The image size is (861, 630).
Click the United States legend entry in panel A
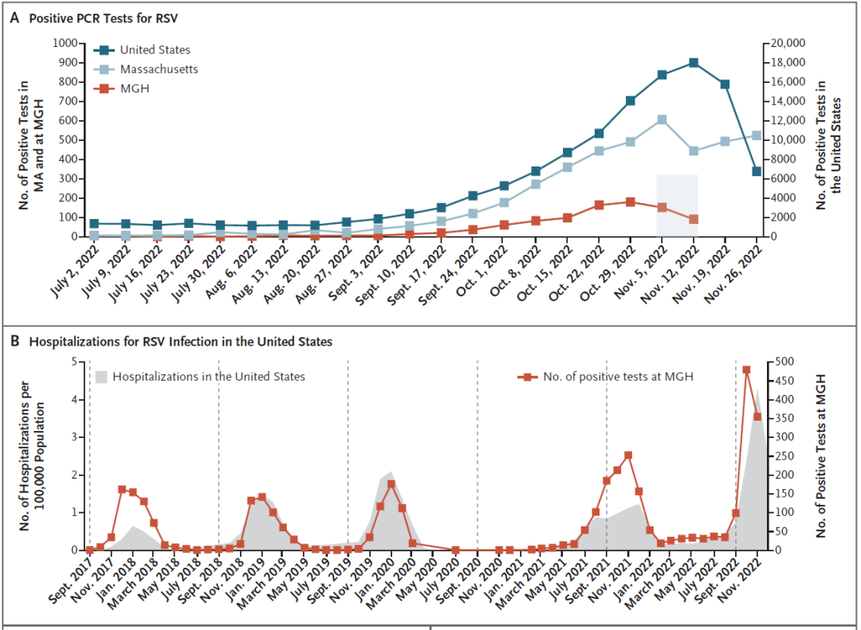[155, 49]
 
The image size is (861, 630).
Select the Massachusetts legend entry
[159, 69]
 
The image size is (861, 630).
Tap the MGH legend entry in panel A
[135, 88]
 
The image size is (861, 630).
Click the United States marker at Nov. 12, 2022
[694, 63]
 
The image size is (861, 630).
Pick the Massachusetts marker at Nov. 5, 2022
[662, 119]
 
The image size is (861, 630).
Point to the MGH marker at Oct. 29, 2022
[631, 202]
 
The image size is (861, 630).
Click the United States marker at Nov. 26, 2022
[757, 171]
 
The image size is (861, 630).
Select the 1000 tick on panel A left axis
[66, 43]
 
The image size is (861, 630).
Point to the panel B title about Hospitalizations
[180, 341]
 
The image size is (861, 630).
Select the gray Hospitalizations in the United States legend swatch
[101, 376]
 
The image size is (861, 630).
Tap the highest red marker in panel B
[747, 370]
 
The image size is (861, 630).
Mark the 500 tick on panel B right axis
[784, 362]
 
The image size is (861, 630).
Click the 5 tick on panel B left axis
[74, 362]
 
